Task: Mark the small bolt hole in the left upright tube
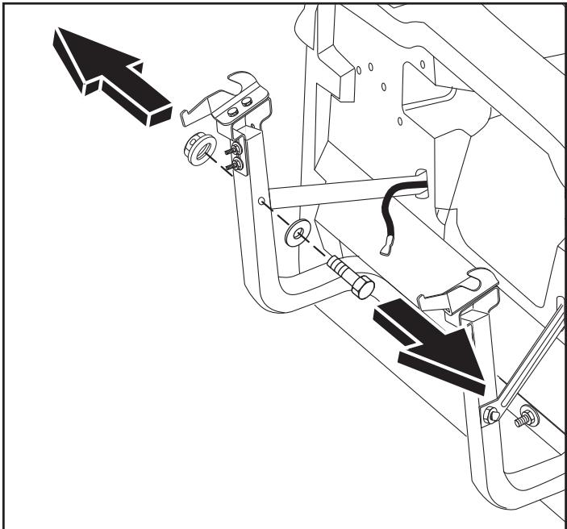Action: [x=262, y=200]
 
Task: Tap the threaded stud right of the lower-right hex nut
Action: [x=529, y=418]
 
